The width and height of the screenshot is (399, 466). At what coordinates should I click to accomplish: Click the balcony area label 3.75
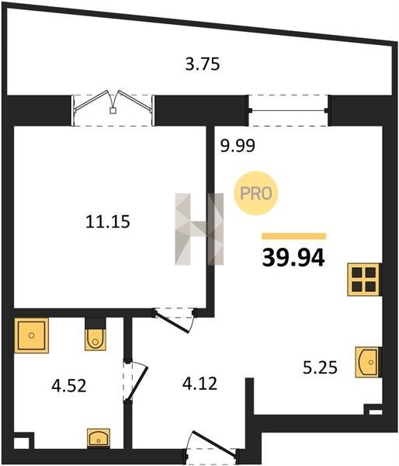pos(203,64)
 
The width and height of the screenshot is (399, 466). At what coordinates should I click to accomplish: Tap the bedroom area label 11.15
pos(108,221)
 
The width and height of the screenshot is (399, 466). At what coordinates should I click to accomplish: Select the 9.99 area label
pos(238,146)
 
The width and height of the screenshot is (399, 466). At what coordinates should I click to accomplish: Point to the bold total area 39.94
pos(293,258)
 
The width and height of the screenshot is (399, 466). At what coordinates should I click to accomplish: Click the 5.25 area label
pos(320,367)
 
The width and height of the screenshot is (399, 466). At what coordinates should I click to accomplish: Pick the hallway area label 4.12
pos(199,384)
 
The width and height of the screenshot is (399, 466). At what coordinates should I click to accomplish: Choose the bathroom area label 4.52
pos(69,386)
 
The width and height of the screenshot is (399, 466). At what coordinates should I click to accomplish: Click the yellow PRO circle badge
pos(256,193)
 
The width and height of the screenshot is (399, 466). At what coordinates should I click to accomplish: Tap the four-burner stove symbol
pos(364,280)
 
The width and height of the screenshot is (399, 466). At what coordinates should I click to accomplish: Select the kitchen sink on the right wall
pos(368,362)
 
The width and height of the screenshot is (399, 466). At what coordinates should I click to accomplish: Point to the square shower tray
pos(31,336)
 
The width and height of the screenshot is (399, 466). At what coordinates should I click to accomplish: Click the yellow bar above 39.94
pos(293,236)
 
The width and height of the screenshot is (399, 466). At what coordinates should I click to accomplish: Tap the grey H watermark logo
pos(199,229)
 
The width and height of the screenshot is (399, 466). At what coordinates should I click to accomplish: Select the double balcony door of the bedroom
pos(113,109)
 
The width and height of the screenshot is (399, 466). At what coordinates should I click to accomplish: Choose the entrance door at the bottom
pos(212,446)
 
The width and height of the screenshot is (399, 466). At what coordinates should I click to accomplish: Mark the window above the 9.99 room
pos(288,110)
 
